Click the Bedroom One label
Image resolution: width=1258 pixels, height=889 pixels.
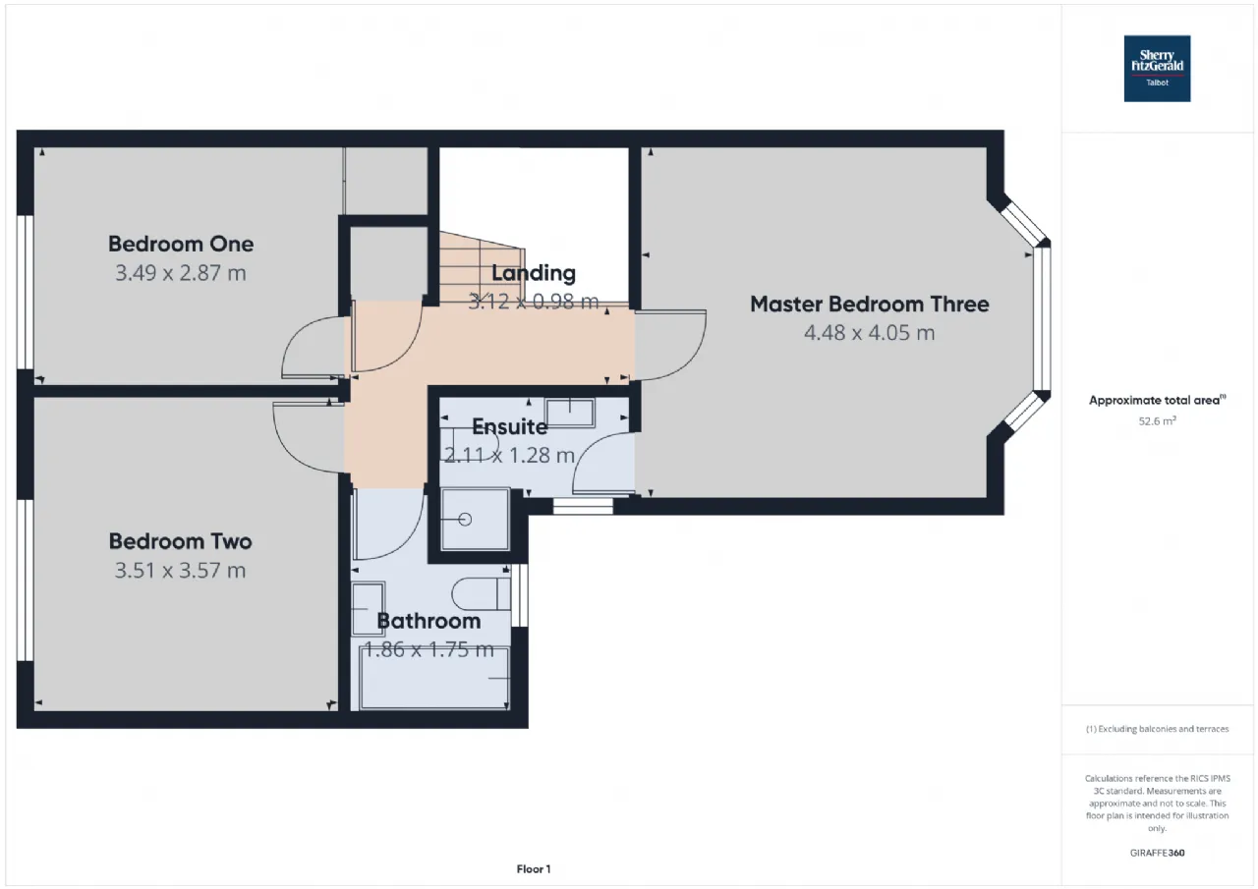(181, 245)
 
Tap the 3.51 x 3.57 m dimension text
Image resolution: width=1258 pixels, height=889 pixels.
(180, 571)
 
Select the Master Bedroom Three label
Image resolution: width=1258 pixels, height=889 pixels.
(870, 305)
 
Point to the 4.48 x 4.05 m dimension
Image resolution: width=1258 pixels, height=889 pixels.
(870, 333)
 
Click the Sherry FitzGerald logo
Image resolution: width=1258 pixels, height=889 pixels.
(1157, 69)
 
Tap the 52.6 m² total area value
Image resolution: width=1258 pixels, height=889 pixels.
(1157, 421)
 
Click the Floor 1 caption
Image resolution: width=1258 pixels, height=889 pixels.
(534, 868)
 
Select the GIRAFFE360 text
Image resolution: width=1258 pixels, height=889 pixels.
(1157, 853)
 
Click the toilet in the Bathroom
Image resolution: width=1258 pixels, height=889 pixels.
(482, 593)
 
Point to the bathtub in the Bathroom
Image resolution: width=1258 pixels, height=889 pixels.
(434, 679)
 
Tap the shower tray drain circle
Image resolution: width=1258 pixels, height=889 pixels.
(465, 520)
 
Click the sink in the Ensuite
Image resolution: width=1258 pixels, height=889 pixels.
(570, 413)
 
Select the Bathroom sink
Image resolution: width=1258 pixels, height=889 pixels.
(368, 609)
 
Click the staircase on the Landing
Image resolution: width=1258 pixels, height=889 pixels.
(482, 268)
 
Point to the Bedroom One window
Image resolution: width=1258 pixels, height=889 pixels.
(26, 293)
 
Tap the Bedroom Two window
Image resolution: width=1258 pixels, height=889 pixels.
(26, 581)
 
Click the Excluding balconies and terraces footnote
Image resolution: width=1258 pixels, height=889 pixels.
(1157, 729)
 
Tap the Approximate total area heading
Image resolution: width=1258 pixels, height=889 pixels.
(1157, 400)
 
